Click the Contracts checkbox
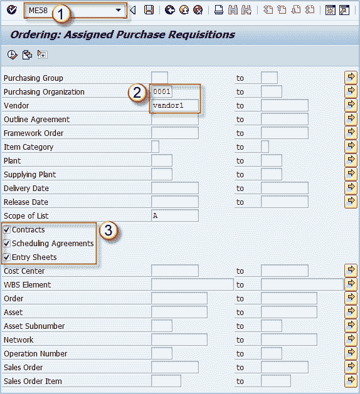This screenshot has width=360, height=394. [x=6, y=230]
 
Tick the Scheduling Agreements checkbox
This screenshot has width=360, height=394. [x=6, y=244]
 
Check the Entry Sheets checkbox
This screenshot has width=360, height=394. [x=6, y=257]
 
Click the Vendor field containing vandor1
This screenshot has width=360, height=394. [x=175, y=105]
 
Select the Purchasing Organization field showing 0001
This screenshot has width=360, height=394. [x=162, y=91]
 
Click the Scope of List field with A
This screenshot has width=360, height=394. [x=175, y=215]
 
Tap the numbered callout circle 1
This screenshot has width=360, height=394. [x=60, y=14]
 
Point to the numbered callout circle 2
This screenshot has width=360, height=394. [x=137, y=93]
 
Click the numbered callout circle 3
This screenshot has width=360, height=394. [x=108, y=230]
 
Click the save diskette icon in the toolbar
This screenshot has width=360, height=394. [x=149, y=10]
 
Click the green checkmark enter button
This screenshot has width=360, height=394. [x=11, y=10]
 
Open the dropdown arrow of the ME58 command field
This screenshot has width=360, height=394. [x=118, y=10]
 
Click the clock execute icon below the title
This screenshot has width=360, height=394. [x=12, y=54]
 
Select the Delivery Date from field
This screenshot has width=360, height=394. [x=175, y=188]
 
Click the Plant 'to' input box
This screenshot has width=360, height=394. [x=272, y=160]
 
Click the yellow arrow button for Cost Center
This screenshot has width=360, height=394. [x=351, y=271]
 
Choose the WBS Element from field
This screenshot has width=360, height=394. [x=193, y=284]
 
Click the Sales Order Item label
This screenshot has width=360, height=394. [x=33, y=381]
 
